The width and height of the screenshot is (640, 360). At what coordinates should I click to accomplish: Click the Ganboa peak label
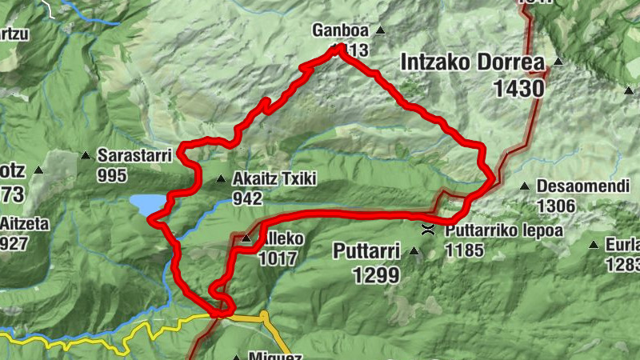tap(341, 31)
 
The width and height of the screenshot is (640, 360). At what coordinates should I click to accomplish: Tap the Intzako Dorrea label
tap(472, 62)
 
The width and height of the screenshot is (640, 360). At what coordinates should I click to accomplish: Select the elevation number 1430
tap(519, 89)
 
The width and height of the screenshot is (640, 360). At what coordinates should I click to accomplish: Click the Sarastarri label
tap(134, 155)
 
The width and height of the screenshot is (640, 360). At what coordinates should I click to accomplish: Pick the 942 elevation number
tap(248, 198)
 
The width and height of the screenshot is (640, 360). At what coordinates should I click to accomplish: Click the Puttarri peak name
tap(366, 253)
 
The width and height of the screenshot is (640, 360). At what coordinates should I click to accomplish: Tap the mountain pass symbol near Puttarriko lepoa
tap(429, 231)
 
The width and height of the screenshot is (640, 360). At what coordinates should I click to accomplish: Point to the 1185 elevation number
tap(465, 250)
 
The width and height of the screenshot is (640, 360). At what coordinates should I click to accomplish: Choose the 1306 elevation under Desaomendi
tap(557, 206)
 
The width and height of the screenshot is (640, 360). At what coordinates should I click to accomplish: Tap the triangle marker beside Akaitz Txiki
tap(221, 179)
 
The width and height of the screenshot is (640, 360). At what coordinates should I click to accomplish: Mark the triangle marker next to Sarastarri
tap(86, 155)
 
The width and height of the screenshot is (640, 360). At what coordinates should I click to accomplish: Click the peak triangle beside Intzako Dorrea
tap(558, 62)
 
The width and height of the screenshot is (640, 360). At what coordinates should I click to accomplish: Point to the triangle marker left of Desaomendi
tap(525, 186)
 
